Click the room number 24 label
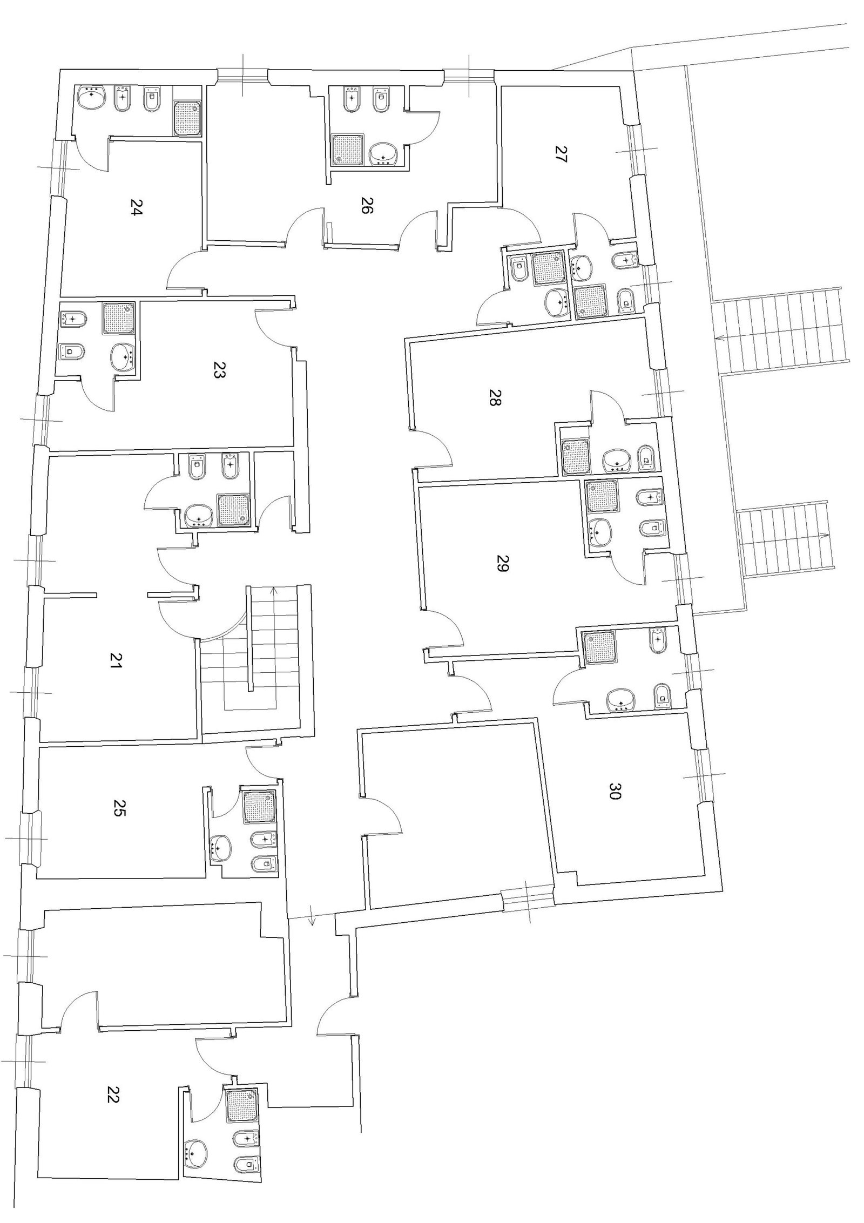(136, 207)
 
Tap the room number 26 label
(367, 206)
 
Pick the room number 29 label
(502, 563)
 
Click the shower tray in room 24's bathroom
(187, 118)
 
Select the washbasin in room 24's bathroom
(92, 98)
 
